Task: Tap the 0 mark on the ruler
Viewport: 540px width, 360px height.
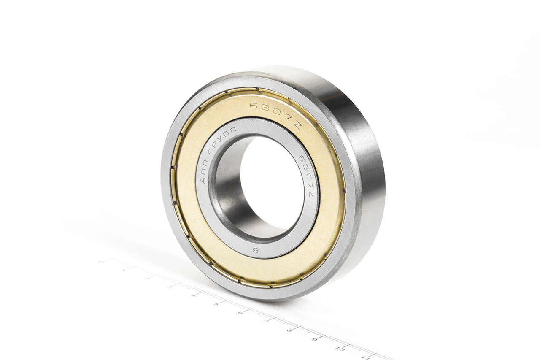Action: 100,262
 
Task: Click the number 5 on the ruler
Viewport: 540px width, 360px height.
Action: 216,304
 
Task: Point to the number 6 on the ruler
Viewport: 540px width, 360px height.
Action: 240,313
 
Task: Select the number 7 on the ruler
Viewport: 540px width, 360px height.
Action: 265,322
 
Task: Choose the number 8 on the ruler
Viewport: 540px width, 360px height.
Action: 289,330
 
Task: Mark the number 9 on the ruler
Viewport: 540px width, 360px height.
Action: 314,339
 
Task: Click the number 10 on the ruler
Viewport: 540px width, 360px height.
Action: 340,349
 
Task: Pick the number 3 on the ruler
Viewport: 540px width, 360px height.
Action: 170,287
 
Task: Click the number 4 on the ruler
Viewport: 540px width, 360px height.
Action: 193,295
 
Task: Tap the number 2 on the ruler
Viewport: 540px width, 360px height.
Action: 146,279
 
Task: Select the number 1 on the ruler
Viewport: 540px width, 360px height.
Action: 123,270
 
